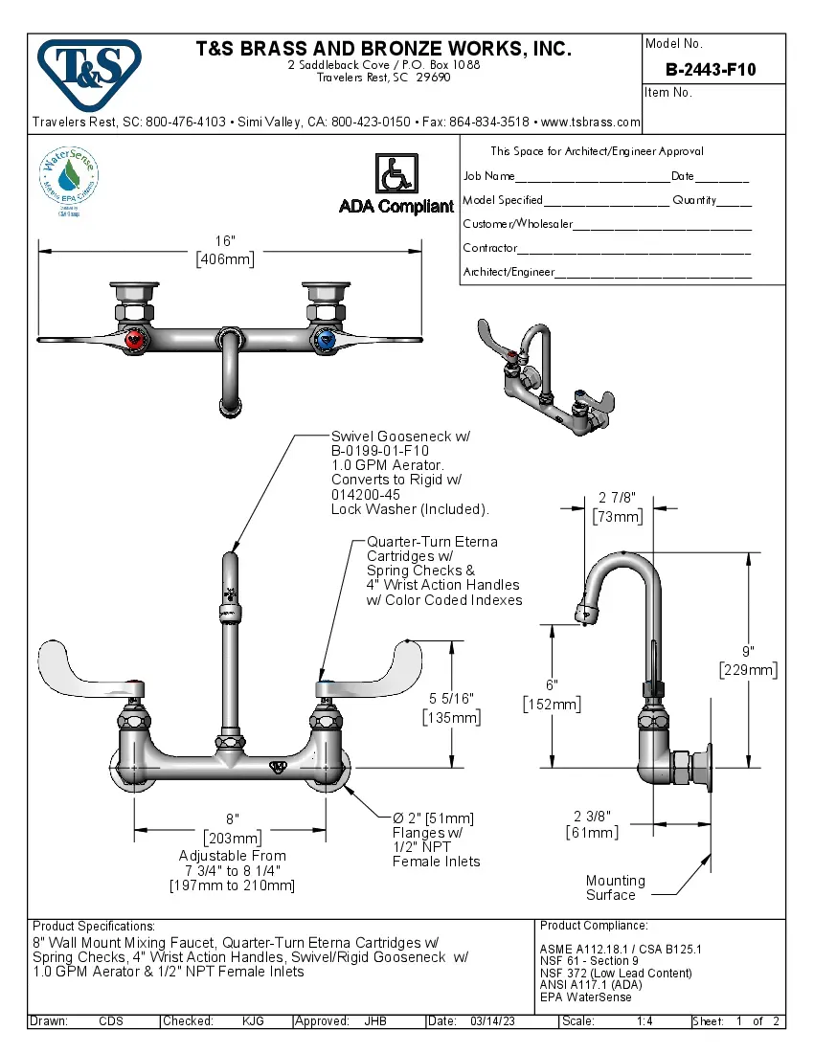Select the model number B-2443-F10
711,69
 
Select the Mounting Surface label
615,887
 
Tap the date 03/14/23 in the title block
493,1021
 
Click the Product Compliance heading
594,926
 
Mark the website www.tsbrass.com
590,122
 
